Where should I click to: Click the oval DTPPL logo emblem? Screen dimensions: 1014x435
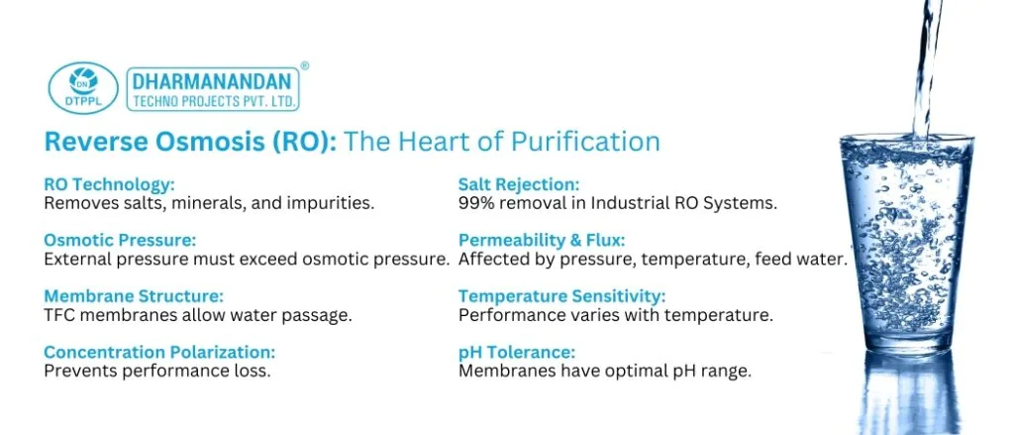[83, 88]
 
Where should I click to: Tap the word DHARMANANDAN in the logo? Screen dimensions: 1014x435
[212, 82]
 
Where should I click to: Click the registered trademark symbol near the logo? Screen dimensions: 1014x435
[305, 65]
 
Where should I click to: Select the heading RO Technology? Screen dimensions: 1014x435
[109, 184]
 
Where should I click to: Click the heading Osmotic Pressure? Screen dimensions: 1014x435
[120, 240]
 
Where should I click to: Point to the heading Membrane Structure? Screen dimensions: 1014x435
[134, 296]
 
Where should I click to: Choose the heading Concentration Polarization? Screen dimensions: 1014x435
[159, 352]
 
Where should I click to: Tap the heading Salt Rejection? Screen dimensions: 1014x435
[519, 184]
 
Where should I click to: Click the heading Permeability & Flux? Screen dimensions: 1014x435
[542, 240]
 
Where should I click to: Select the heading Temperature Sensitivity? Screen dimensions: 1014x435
[562, 296]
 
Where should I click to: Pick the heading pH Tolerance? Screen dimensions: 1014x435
[517, 353]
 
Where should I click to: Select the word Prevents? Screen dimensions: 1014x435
[77, 372]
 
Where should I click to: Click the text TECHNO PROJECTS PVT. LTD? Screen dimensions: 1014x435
[214, 102]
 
